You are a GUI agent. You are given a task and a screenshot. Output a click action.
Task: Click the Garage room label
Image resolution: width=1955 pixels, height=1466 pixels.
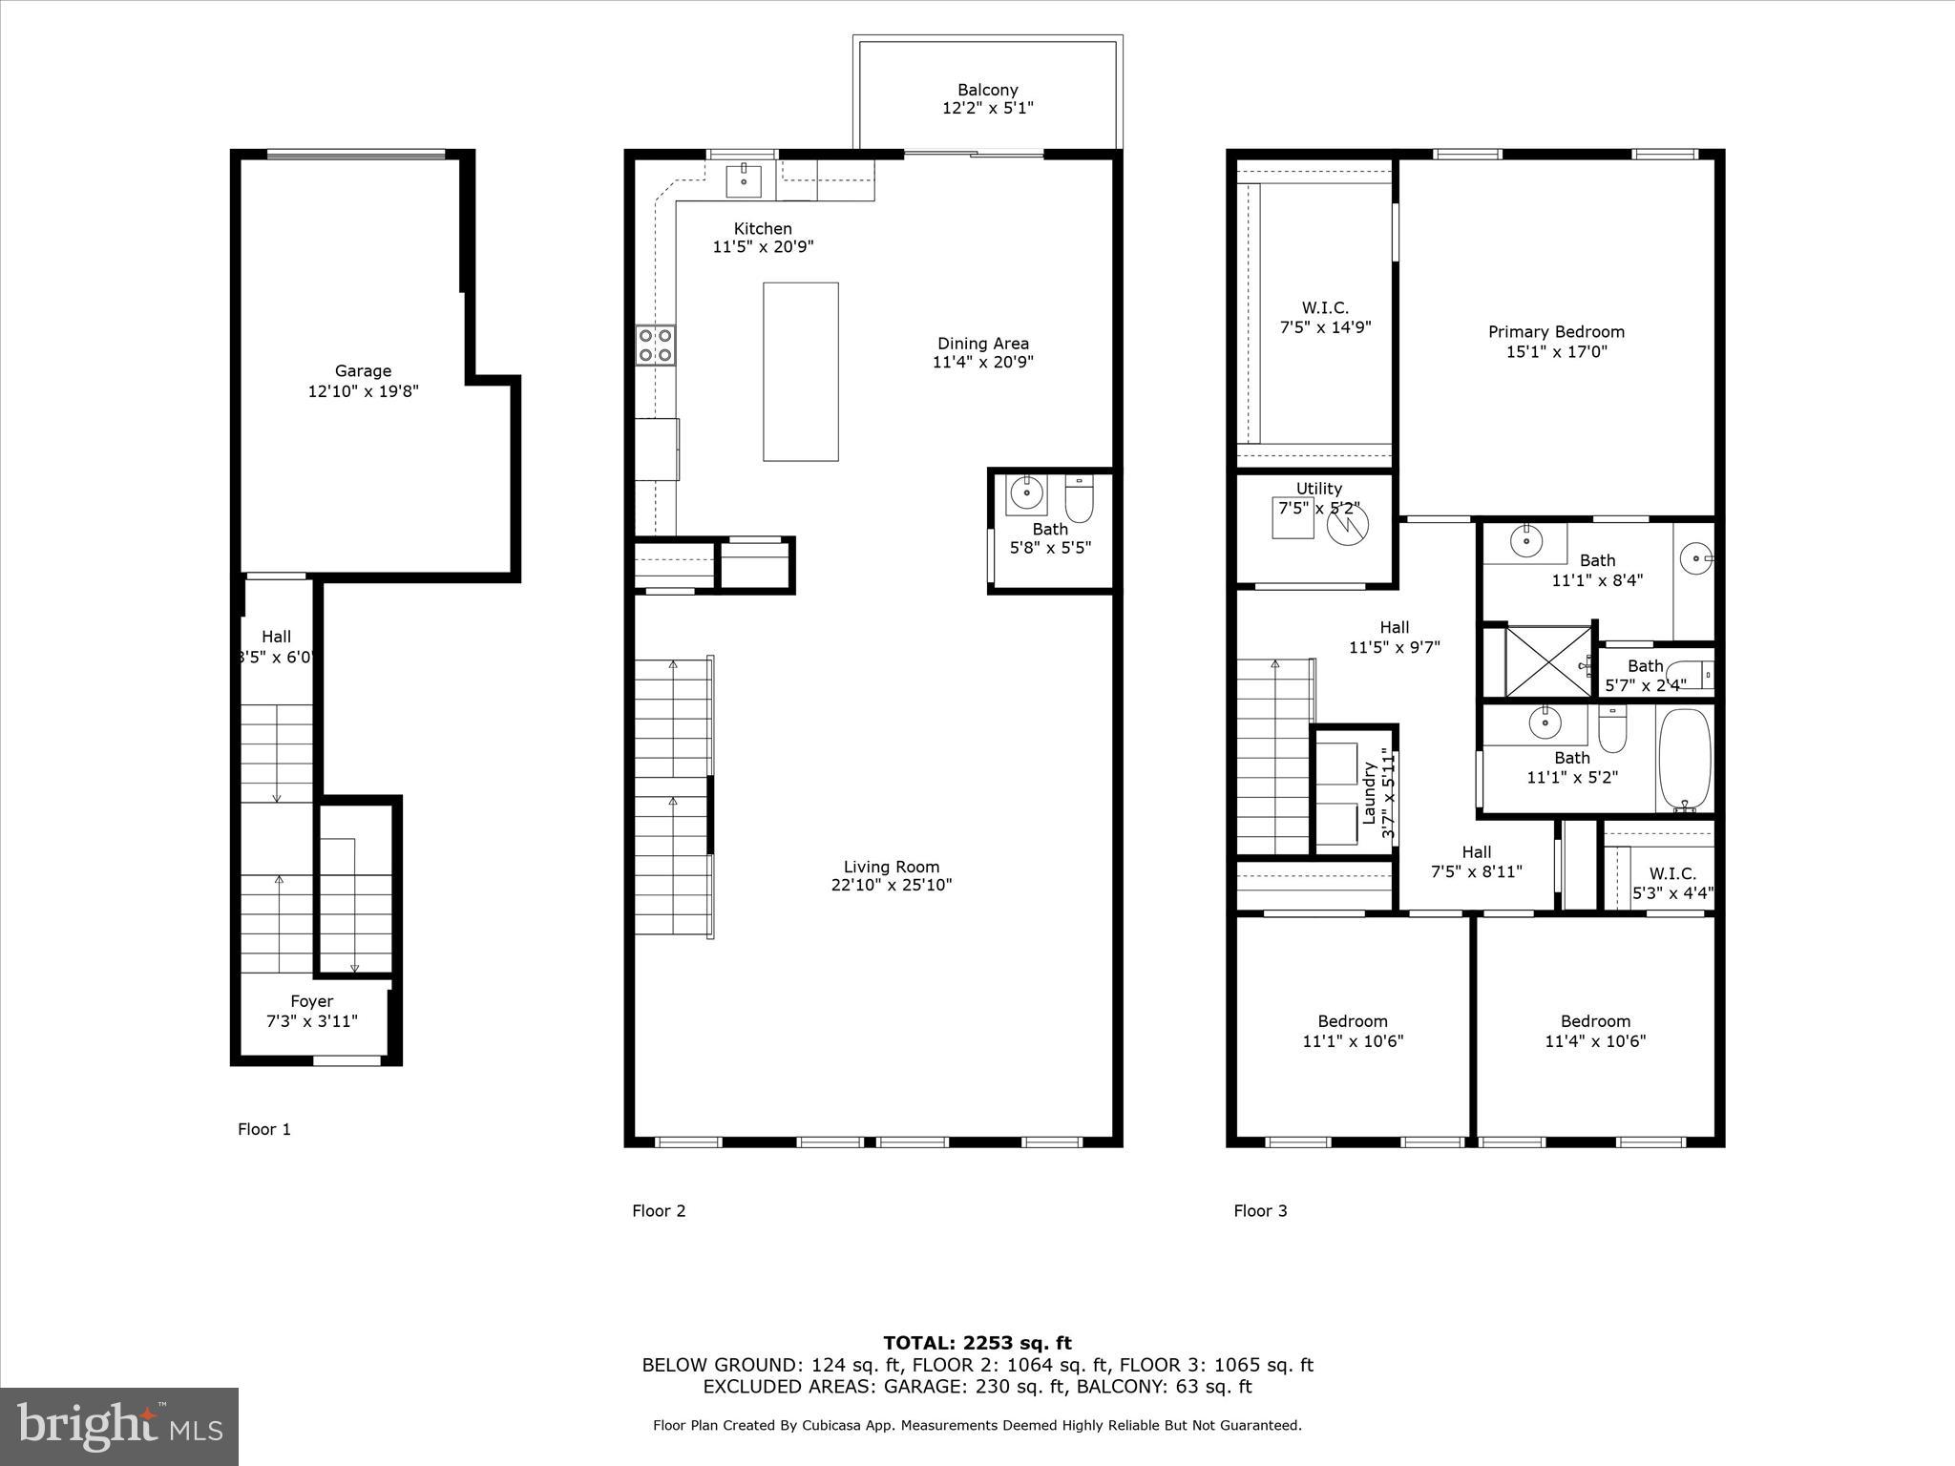point(363,371)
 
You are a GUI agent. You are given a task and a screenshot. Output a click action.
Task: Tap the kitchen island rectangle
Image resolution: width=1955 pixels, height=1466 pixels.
point(800,371)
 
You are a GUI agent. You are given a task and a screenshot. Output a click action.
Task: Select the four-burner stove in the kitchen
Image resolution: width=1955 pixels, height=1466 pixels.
point(655,345)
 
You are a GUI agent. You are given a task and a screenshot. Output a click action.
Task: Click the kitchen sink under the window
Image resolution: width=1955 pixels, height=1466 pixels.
point(744,179)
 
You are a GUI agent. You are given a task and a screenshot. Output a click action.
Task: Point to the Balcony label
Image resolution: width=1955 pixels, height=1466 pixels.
point(987,91)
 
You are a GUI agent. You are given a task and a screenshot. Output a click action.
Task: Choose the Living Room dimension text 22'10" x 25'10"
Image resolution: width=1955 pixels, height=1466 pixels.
point(891,885)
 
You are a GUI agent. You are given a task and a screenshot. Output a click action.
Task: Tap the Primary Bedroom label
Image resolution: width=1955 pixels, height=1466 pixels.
point(1556,332)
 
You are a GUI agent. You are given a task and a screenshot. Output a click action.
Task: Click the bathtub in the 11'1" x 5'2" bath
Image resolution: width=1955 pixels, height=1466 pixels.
point(1684,759)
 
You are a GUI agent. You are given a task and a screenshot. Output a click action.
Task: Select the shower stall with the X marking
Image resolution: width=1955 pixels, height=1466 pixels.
point(1548,660)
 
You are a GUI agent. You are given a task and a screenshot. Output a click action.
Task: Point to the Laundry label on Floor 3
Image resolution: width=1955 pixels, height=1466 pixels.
point(1369,792)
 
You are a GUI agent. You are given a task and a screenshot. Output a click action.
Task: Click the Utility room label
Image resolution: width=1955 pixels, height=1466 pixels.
point(1318,489)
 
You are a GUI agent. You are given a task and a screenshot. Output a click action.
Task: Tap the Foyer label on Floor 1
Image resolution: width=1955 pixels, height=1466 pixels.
point(311,1001)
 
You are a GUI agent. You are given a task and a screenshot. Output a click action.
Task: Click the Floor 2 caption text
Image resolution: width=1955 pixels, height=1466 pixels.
point(659,1211)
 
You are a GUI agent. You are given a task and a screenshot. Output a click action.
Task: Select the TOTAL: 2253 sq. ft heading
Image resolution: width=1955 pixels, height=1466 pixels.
point(977,1343)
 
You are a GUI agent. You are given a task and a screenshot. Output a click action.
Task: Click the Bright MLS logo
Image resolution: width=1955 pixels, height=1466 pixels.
point(119,1426)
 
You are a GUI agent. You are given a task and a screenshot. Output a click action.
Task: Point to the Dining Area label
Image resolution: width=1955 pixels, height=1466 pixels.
point(982,344)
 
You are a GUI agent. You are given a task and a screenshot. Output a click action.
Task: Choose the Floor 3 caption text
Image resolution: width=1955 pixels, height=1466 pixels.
point(1260,1211)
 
